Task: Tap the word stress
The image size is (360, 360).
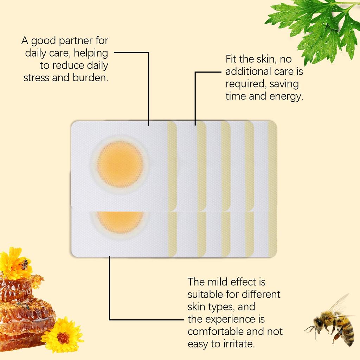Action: click(37, 78)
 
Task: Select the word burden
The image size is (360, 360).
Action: click(90, 78)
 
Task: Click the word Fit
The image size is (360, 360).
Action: click(232, 59)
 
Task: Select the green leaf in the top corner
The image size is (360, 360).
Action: click(316, 28)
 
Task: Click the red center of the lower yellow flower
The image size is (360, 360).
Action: click(63, 337)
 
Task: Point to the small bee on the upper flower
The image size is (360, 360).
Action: click(24, 264)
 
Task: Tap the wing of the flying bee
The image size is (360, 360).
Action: click(338, 305)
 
